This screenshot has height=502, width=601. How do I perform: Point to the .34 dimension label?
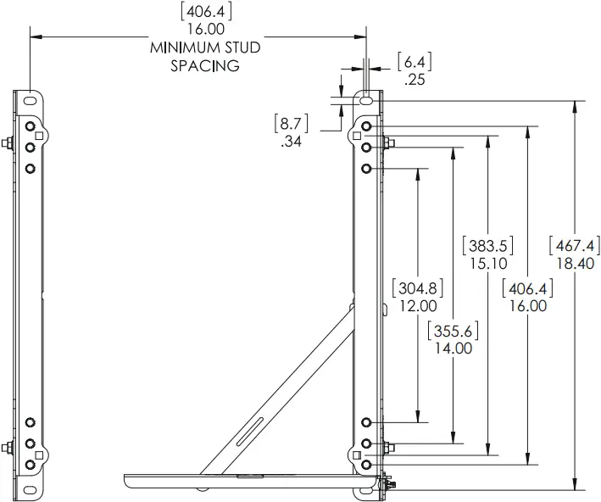292,142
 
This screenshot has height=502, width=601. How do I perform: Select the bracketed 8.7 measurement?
292,125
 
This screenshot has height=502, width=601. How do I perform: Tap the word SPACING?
204,64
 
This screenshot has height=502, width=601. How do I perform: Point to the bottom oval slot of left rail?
31,487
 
